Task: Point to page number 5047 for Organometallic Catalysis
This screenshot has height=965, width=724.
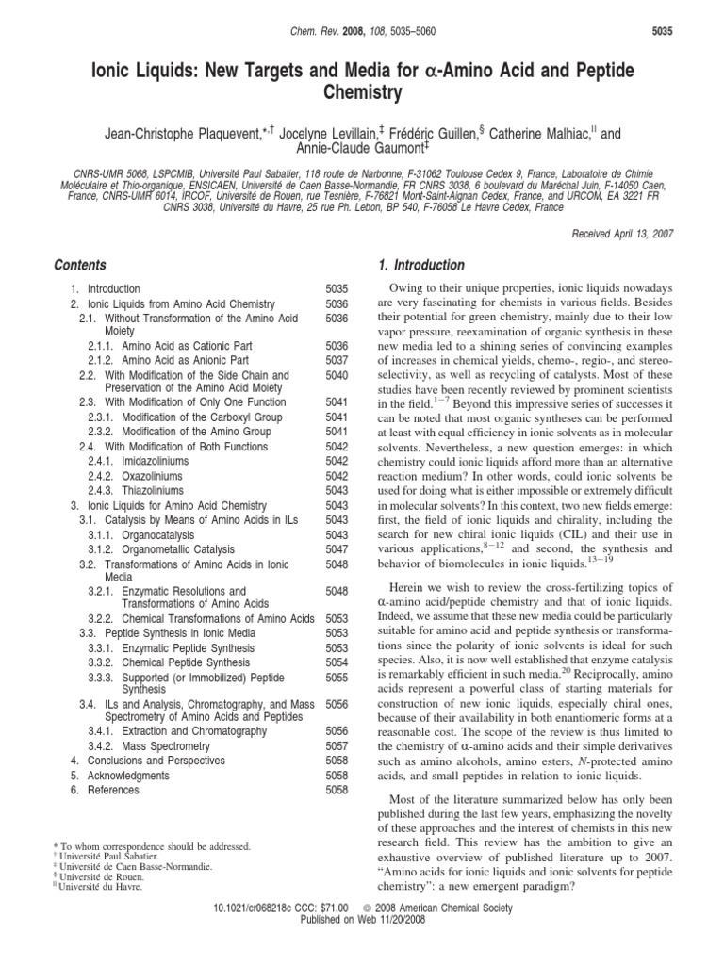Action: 336,549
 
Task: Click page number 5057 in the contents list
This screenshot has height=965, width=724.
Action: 336,744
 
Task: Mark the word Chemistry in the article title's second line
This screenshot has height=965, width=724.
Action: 361,92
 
